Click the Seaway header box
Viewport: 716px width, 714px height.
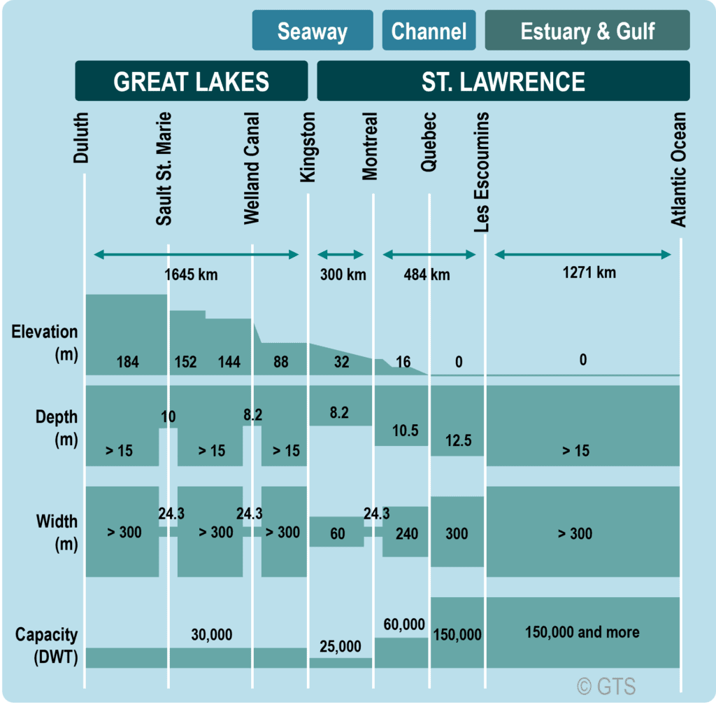click(312, 31)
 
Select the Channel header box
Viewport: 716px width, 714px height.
click(429, 31)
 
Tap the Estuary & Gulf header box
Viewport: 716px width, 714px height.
click(587, 31)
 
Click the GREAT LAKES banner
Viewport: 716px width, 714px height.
click(191, 81)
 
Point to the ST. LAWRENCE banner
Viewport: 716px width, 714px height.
click(503, 81)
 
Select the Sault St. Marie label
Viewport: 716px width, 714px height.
click(164, 168)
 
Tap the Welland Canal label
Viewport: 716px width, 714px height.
click(252, 168)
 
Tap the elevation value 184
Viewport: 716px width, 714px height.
click(127, 362)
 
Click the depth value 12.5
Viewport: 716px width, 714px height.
click(457, 440)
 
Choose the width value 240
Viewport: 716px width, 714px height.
click(406, 534)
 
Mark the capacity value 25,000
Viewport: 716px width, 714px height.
click(341, 646)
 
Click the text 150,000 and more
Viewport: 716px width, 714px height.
click(582, 632)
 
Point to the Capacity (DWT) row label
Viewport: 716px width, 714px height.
click(46, 645)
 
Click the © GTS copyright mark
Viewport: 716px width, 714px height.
click(606, 687)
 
